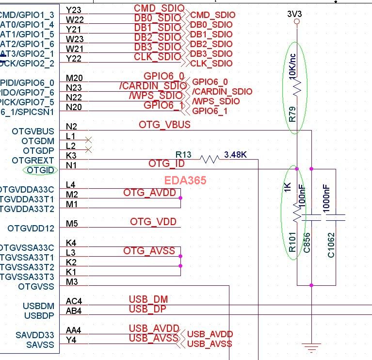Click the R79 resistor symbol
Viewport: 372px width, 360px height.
pyautogui.click(x=297, y=87)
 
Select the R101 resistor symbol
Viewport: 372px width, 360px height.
pyautogui.click(x=297, y=212)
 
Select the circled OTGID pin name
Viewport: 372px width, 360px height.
pyautogui.click(x=41, y=170)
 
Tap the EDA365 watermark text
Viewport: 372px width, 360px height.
pyautogui.click(x=185, y=180)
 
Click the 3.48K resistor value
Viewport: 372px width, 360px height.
pyautogui.click(x=236, y=155)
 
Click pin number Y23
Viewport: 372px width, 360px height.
pyautogui.click(x=74, y=10)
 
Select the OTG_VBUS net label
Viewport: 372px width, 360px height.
pyautogui.click(x=164, y=125)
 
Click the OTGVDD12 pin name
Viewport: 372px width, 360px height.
pyautogui.click(x=31, y=228)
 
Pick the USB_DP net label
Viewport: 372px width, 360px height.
pyautogui.click(x=148, y=309)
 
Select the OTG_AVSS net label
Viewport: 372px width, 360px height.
pyautogui.click(x=149, y=250)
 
